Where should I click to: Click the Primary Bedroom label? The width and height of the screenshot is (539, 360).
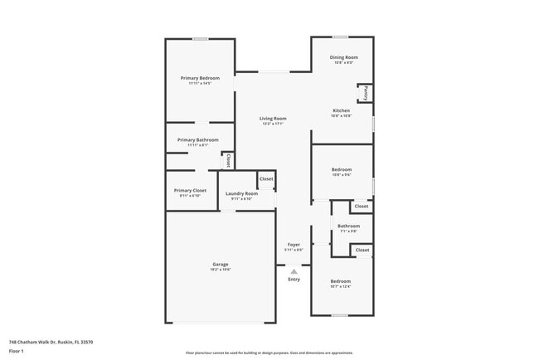[200, 78]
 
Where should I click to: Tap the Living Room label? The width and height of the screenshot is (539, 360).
[273, 119]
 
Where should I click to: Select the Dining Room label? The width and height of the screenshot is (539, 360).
[343, 57]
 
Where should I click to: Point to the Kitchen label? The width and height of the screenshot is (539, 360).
[341, 110]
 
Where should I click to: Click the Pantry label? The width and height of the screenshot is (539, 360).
[367, 92]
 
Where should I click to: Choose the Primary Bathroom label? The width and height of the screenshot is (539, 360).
[197, 140]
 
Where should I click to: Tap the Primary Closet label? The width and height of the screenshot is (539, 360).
[190, 190]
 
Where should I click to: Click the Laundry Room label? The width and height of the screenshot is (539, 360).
[240, 193]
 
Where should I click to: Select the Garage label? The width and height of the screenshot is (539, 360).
[220, 265]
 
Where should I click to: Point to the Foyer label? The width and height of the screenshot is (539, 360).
[294, 245]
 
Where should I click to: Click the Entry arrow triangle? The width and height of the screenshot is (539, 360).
[294, 270]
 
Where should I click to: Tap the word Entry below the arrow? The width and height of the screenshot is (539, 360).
[294, 279]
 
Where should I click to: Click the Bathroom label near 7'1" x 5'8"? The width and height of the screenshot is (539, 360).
[348, 226]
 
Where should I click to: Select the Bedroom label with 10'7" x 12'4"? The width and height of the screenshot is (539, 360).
[341, 281]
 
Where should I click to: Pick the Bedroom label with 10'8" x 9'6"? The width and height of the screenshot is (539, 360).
[341, 170]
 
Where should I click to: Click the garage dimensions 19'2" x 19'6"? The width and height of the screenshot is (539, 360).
[220, 270]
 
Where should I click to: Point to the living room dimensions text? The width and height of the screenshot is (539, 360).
[273, 124]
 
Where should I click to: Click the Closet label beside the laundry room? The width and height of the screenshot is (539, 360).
[266, 179]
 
